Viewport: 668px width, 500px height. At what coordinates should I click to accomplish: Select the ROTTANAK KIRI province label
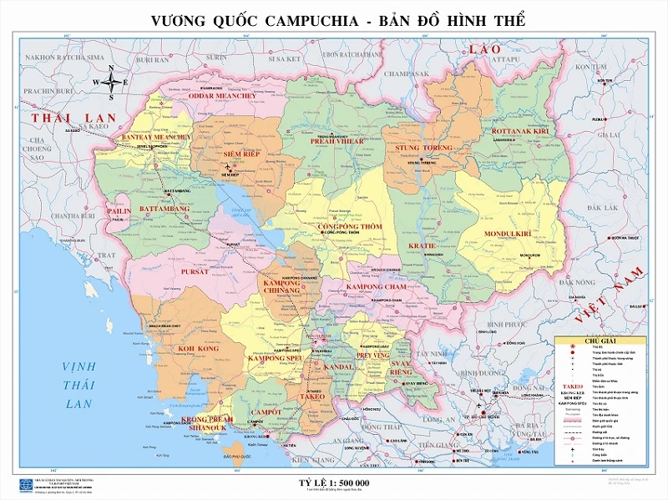click(520, 132)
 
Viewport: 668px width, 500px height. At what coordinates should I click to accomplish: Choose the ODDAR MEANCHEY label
click(225, 96)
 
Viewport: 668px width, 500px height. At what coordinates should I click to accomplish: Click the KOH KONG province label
click(199, 349)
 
